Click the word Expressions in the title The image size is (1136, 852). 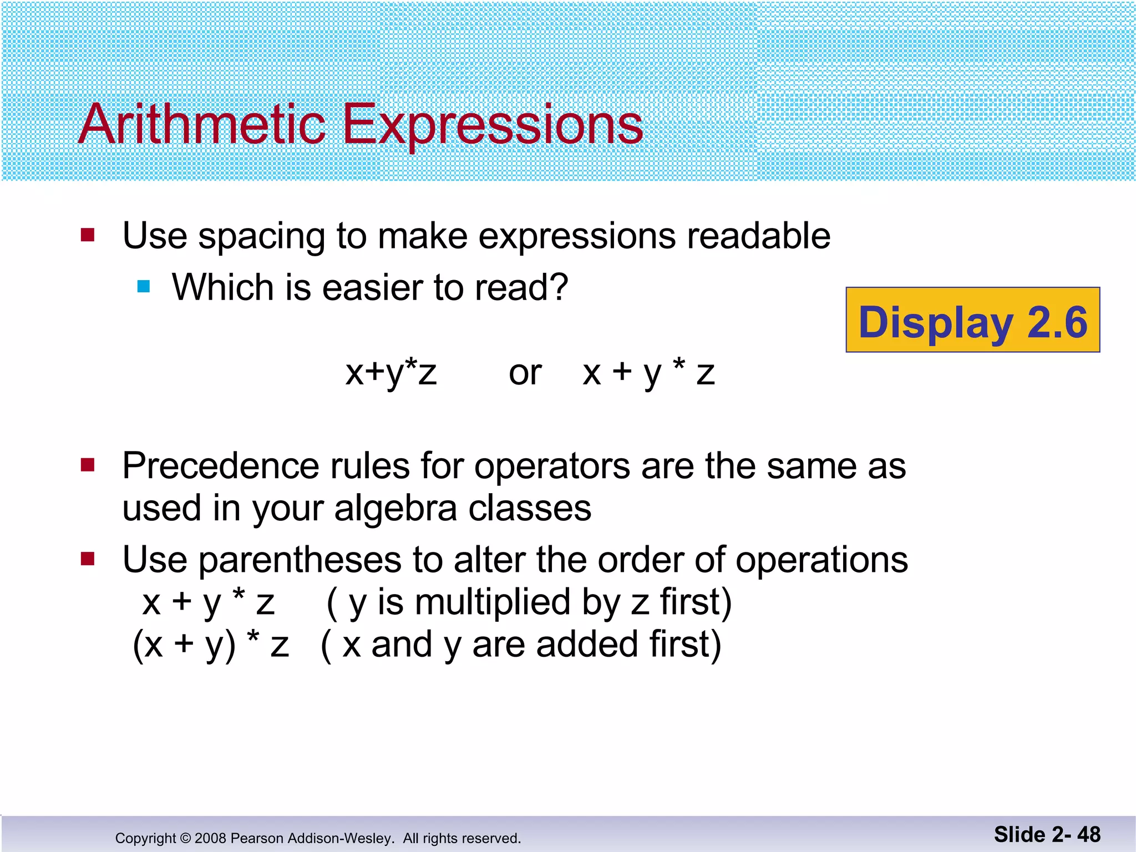click(x=493, y=125)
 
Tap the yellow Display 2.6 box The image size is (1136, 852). click(x=972, y=320)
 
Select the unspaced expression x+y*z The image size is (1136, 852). click(x=391, y=373)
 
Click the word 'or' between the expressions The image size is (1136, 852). click(x=525, y=373)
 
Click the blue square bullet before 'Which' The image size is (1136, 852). click(x=144, y=287)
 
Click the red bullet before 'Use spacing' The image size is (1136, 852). click(x=88, y=235)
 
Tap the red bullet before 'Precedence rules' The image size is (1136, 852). click(x=88, y=464)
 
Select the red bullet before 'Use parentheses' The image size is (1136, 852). click(x=88, y=558)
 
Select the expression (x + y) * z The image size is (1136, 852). click(x=211, y=645)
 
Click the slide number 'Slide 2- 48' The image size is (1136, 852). click(x=1047, y=834)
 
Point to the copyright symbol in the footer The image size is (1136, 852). click(x=185, y=838)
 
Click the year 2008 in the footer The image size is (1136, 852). click(x=210, y=838)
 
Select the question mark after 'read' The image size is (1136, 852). click(x=557, y=287)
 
